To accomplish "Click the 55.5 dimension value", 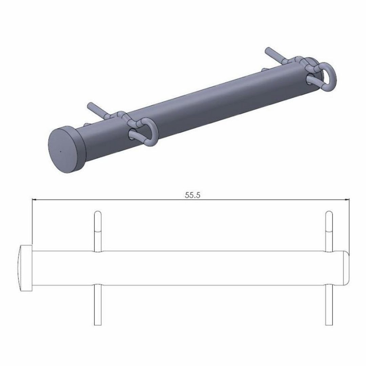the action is coord(192,195).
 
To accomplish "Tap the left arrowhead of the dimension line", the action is coord(34,200).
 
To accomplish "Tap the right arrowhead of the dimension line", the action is coord(347,200).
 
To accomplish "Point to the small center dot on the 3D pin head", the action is coord(60,151).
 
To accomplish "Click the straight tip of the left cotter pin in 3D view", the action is coord(90,105).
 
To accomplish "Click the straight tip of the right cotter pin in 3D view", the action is coord(268,50).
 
